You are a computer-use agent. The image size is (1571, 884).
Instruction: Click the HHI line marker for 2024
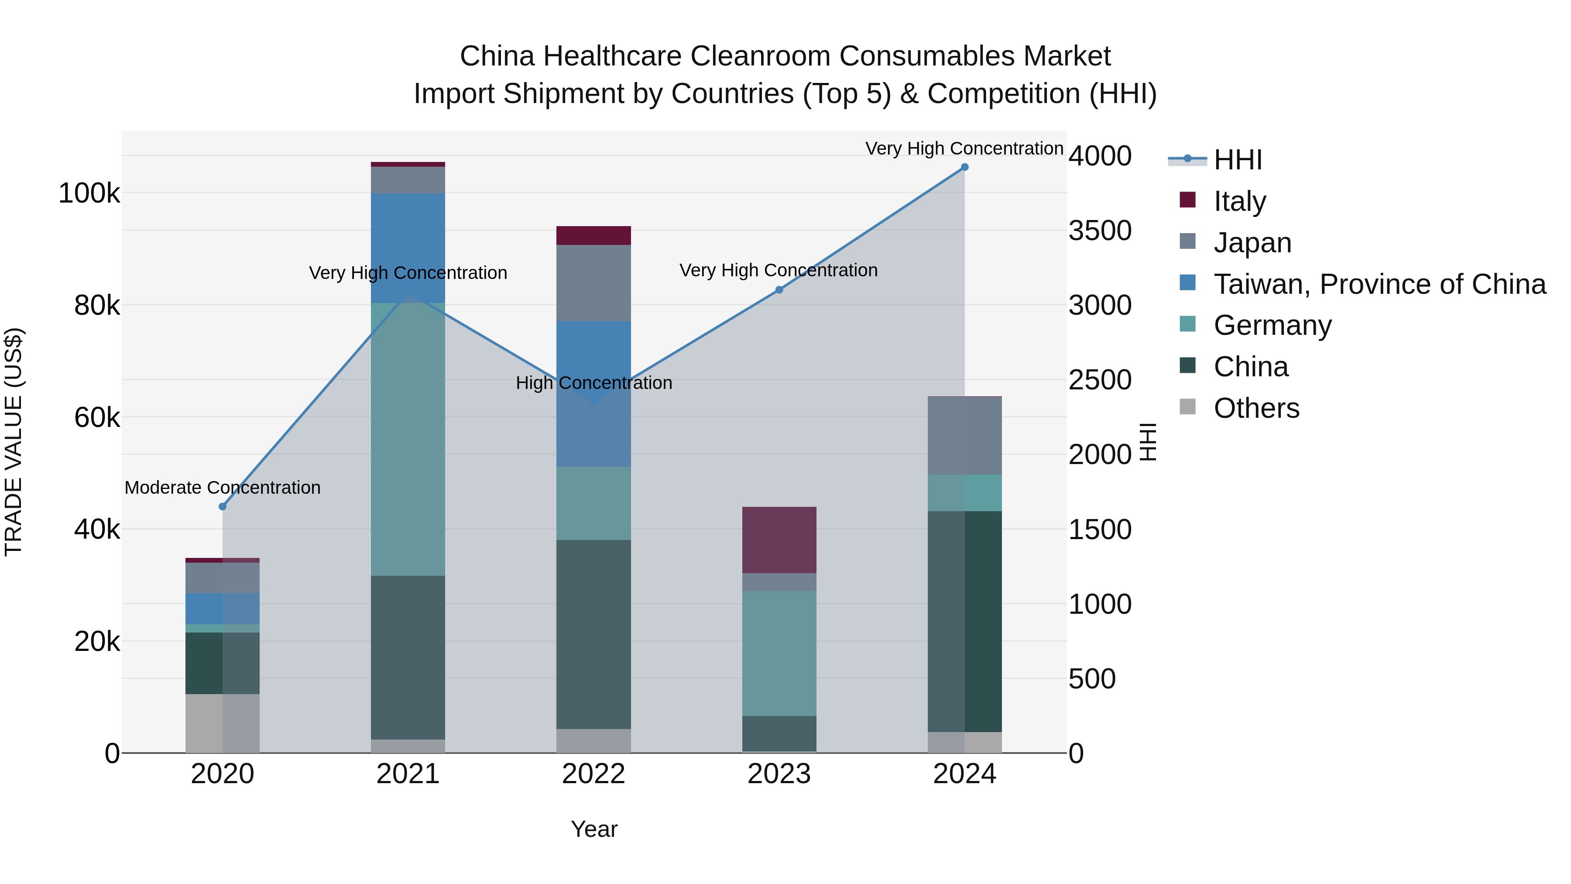coord(964,167)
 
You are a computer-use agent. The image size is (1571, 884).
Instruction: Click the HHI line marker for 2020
coord(223,506)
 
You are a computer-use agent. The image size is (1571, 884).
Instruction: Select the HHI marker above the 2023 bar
coord(779,290)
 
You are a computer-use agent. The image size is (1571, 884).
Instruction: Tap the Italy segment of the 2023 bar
coord(779,540)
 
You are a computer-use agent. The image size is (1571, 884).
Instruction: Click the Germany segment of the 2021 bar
coord(408,439)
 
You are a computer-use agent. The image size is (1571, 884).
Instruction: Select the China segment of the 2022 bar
coord(593,634)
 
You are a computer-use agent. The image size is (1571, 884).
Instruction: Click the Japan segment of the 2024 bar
coord(964,436)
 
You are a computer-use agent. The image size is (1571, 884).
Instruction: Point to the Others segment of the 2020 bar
coord(223,723)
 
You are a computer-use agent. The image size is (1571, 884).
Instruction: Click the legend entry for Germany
coord(1272,325)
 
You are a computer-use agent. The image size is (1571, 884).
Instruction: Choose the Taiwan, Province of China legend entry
coord(1379,284)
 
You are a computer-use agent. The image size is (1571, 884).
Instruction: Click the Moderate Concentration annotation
coord(223,488)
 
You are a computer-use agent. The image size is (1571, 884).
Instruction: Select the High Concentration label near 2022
coord(593,383)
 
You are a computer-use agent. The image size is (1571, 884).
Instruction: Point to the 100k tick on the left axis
coord(89,193)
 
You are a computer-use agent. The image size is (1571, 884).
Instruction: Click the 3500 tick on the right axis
coord(1100,230)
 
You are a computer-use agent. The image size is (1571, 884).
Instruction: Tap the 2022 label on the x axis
coord(593,774)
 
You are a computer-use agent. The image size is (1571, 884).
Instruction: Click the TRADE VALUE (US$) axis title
coord(14,442)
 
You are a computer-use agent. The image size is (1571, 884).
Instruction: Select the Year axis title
coord(593,829)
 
